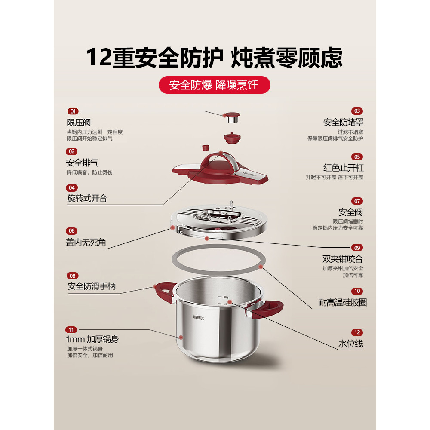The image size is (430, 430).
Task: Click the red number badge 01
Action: [x=73, y=111]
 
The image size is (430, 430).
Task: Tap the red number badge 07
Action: [x=357, y=201]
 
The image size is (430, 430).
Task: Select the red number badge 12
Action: [x=357, y=333]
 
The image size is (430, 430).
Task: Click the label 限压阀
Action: [x=79, y=123]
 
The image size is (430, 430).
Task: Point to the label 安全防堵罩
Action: [x=343, y=122]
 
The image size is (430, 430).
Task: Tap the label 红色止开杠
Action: [x=343, y=168]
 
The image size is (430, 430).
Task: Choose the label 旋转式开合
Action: [x=87, y=198]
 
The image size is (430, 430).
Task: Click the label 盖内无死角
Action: [x=86, y=242]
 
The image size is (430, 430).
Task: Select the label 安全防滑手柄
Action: [x=92, y=286]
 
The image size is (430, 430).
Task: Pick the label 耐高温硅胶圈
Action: [x=343, y=302]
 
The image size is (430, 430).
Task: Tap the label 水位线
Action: [x=351, y=344]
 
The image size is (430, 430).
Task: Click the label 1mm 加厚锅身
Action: [x=92, y=339]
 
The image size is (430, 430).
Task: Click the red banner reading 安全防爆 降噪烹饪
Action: [x=215, y=85]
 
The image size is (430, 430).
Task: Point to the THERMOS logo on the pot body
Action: [x=198, y=318]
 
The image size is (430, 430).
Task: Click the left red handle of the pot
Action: [x=165, y=291]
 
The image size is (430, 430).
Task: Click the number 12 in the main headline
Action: [x=99, y=57]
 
